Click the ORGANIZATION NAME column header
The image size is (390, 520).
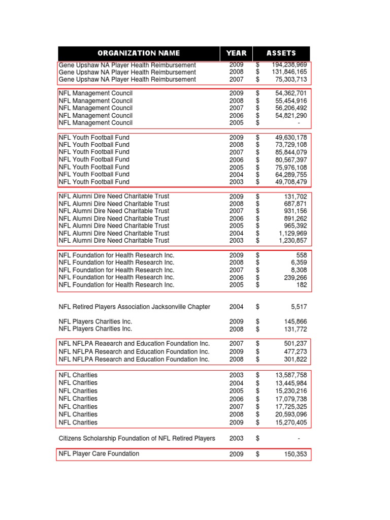(138, 53)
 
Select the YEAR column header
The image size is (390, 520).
(236, 53)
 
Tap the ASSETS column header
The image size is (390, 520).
(281, 53)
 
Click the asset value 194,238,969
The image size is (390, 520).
(289, 65)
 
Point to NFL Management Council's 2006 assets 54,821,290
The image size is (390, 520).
(291, 115)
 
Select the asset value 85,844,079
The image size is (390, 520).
(291, 152)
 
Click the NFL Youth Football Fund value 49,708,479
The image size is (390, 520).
(291, 182)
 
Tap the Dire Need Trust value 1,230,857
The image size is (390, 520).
(294, 241)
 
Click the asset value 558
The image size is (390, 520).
(302, 255)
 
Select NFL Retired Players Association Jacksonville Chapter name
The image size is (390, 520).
(134, 307)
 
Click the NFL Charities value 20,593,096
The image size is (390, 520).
(291, 415)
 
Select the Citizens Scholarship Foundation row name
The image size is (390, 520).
(137, 438)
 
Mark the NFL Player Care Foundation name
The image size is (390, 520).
(99, 454)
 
